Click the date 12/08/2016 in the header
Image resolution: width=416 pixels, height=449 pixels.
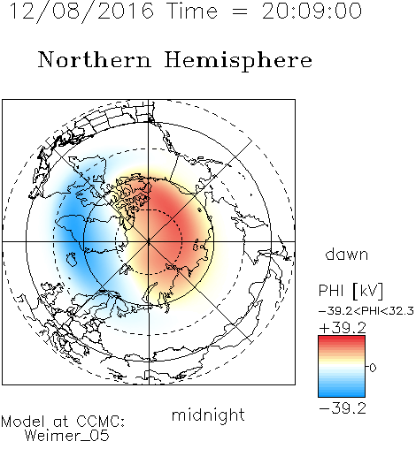pyautogui.click(x=82, y=11)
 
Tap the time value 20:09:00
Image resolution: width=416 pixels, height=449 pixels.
pyautogui.click(x=312, y=11)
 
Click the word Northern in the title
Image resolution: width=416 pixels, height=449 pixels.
pyautogui.click(x=95, y=59)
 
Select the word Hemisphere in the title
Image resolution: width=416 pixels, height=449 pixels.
pyautogui.click(x=238, y=60)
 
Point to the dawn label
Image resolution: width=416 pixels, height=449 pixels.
pyautogui.click(x=347, y=254)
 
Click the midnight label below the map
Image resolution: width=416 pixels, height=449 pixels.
pyautogui.click(x=208, y=415)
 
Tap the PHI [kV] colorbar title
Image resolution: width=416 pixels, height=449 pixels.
pyautogui.click(x=351, y=291)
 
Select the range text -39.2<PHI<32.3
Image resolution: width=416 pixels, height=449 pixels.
pyautogui.click(x=366, y=311)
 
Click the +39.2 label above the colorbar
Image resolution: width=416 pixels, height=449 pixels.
pyautogui.click(x=343, y=328)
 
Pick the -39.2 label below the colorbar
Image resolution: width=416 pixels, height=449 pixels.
pyautogui.click(x=343, y=408)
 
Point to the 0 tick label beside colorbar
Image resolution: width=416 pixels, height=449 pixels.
pyautogui.click(x=373, y=368)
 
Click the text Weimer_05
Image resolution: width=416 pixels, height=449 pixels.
pyautogui.click(x=67, y=436)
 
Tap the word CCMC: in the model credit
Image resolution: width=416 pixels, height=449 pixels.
pyautogui.click(x=100, y=422)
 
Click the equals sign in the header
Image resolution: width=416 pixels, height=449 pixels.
pyautogui.click(x=240, y=11)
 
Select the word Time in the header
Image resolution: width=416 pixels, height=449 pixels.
pyautogui.click(x=192, y=11)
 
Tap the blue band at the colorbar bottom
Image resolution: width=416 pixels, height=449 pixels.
pyautogui.click(x=342, y=393)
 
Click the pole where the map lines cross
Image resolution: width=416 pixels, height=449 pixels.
pyautogui.click(x=149, y=241)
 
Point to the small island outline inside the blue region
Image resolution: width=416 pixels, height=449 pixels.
pyautogui.click(x=72, y=259)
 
